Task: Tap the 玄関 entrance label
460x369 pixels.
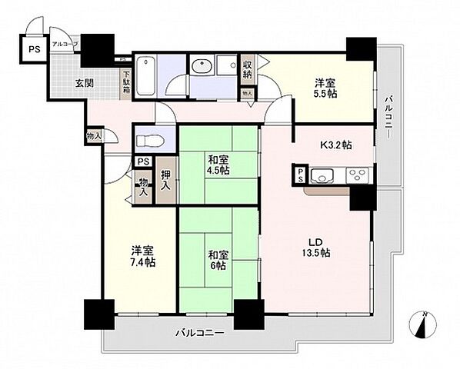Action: [85, 83]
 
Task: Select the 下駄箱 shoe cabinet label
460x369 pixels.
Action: [125, 81]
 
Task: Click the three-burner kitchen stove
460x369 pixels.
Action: [358, 175]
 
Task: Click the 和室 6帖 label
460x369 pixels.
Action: [215, 260]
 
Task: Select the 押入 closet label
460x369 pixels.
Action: [165, 181]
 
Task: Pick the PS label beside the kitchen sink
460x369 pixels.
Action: [300, 175]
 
